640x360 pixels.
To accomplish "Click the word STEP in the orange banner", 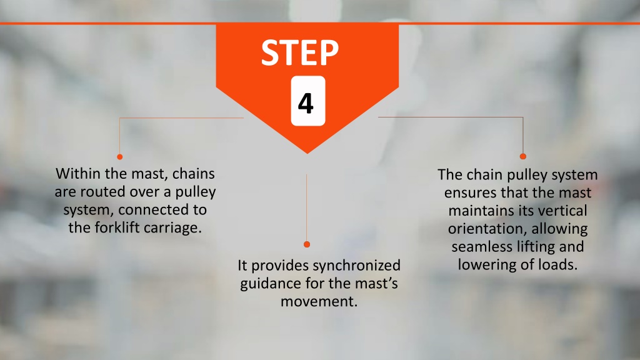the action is pyautogui.click(x=300, y=52).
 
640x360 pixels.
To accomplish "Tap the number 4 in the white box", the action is pyautogui.click(x=306, y=103).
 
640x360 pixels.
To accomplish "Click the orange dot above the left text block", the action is pyautogui.click(x=119, y=157).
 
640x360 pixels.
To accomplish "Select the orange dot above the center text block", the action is pyautogui.click(x=307, y=244).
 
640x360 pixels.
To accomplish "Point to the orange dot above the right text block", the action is pyautogui.click(x=523, y=156).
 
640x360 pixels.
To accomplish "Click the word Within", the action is pyautogui.click(x=78, y=174).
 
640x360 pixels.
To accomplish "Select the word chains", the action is pyautogui.click(x=194, y=174).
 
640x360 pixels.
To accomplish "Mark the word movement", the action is pyautogui.click(x=319, y=302).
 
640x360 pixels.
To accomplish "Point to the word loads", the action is pyautogui.click(x=558, y=265).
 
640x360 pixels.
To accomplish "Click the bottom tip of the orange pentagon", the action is pyautogui.click(x=307, y=154).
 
